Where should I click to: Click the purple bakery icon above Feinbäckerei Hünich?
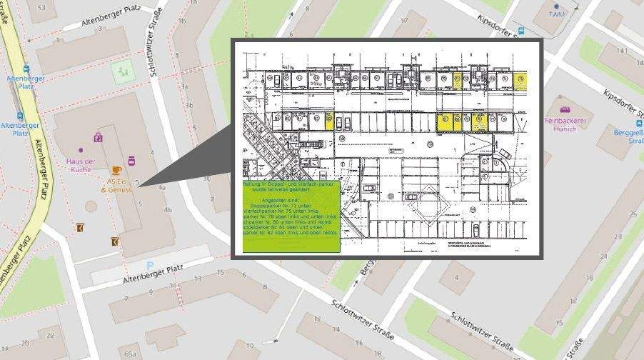pos(566,111)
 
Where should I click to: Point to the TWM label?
pos(556,14)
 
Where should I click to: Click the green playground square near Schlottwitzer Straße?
pos(124,71)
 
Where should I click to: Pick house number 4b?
pos(168,210)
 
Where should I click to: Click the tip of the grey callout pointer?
pos(140,186)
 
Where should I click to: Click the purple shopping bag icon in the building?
pos(98,137)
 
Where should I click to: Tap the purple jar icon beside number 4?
pos(131,161)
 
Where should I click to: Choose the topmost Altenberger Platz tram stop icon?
pos(26,69)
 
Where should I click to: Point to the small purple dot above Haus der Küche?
pos(80,150)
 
